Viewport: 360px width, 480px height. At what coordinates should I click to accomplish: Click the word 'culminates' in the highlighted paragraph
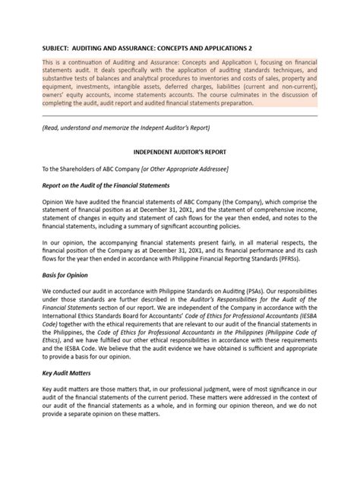[x=251, y=96]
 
